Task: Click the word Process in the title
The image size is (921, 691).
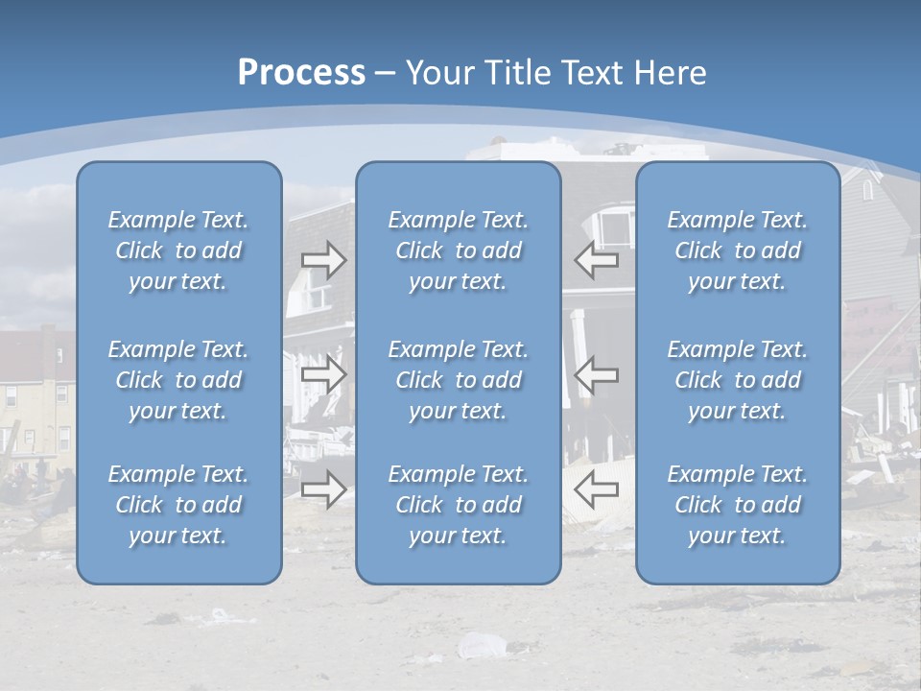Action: [301, 73]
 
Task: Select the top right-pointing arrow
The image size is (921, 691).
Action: [324, 260]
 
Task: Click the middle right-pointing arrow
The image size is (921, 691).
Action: [324, 374]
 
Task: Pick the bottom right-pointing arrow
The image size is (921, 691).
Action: [324, 489]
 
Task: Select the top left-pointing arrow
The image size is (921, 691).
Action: [597, 260]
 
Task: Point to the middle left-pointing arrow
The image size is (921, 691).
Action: [597, 374]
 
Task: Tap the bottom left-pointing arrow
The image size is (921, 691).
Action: [597, 489]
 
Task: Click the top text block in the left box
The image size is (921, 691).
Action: [178, 250]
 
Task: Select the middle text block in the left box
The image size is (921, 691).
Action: [178, 380]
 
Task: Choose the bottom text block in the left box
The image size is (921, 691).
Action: [178, 505]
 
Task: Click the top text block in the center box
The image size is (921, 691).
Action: [459, 250]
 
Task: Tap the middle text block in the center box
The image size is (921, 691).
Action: [459, 380]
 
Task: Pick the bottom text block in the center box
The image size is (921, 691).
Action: [459, 505]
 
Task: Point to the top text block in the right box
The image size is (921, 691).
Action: [738, 250]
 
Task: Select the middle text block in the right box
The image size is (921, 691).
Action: [738, 380]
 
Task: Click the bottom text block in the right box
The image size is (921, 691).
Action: [738, 505]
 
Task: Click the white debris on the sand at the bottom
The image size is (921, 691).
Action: [477, 645]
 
